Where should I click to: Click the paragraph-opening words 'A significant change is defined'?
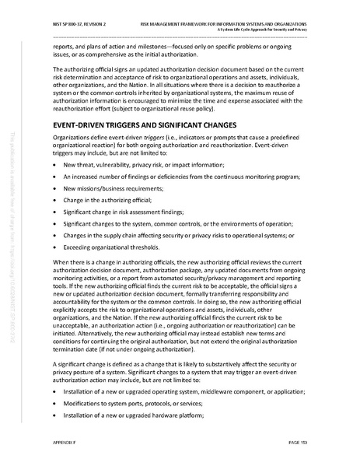(93, 363)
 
